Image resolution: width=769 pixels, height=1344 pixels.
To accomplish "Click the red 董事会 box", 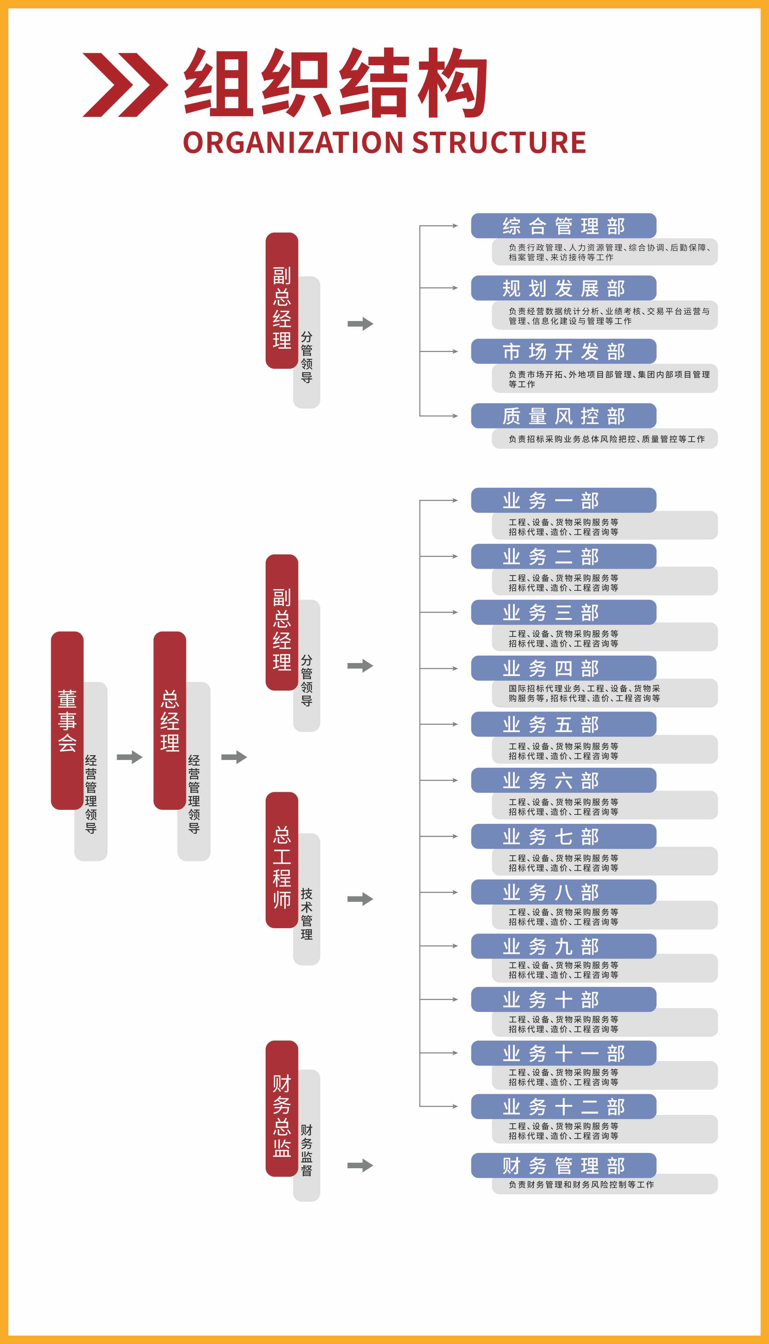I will tap(67, 720).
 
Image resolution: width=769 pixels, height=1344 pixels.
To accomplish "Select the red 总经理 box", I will tap(169, 720).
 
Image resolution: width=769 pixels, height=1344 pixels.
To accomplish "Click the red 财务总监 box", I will tap(281, 1115).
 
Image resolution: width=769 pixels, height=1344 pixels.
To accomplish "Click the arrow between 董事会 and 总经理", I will tap(129, 757).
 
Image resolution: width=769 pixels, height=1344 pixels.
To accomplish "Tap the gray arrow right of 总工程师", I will tap(360, 899).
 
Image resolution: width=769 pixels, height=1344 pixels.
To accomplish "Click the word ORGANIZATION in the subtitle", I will tap(293, 142).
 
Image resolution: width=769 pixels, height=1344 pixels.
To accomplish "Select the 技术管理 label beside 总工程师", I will tap(306, 914).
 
